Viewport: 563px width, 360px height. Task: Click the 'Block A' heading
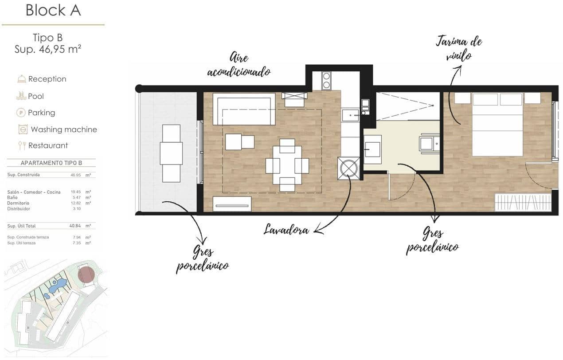[x=53, y=10]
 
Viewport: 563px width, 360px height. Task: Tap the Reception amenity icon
[x=21, y=79]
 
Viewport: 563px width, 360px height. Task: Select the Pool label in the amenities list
[x=36, y=96]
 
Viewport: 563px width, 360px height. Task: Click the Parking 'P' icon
[x=21, y=113]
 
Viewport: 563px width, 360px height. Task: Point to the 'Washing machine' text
[x=64, y=129]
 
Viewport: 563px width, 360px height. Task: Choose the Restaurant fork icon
[x=21, y=145]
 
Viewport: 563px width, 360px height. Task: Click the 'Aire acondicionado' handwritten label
[x=238, y=65]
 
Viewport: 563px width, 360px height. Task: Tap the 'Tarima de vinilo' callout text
[x=458, y=48]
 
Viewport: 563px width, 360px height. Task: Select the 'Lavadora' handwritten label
[x=286, y=229]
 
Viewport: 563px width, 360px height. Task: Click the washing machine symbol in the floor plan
[x=348, y=168]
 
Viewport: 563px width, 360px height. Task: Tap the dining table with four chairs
[x=287, y=165]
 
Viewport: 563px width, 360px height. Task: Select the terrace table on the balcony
[x=171, y=153]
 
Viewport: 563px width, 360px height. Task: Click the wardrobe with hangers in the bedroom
[x=523, y=202]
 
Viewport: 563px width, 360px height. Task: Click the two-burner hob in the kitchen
[x=326, y=80]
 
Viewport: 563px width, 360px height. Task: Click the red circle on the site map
[x=86, y=275]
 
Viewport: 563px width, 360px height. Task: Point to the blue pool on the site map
[x=58, y=286]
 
